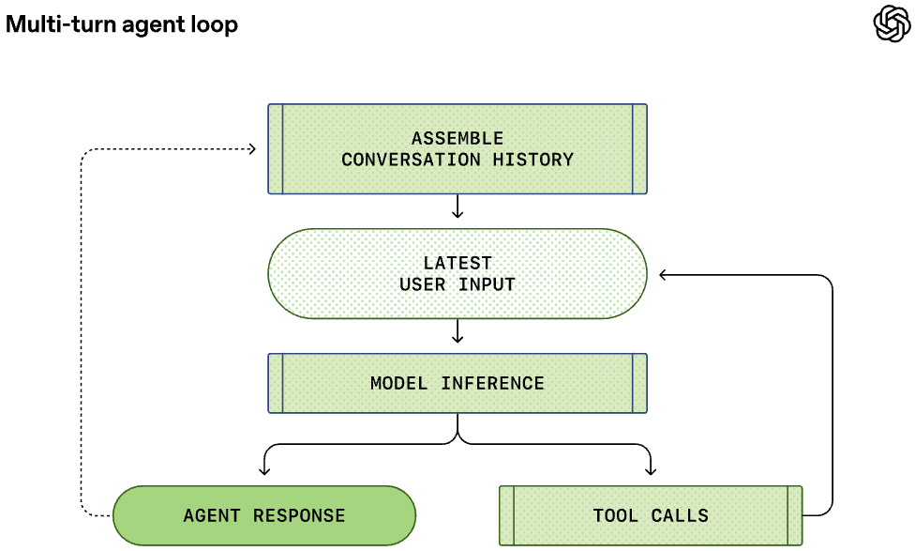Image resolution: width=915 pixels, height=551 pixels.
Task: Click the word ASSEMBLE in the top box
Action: pos(457,139)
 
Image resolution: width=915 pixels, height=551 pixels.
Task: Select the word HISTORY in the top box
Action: pos(533,160)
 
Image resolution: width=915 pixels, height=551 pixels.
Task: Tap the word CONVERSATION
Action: pos(412,160)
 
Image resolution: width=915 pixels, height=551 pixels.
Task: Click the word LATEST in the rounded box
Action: pos(457,263)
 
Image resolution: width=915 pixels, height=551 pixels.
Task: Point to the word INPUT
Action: pos(487,284)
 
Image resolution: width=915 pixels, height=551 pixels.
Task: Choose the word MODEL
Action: pos(399,383)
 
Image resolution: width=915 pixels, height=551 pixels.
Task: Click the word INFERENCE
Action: pos(492,383)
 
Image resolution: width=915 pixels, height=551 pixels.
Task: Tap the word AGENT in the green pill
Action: pos(212,516)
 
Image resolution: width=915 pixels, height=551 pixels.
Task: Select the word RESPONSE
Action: pos(299,516)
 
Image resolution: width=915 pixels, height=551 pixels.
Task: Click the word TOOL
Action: pos(616,516)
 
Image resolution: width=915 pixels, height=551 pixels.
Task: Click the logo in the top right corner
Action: pos(892,23)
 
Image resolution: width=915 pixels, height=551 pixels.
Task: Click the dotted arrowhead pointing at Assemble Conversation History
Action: pos(252,149)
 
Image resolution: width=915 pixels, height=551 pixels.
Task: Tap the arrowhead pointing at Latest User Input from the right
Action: pos(663,275)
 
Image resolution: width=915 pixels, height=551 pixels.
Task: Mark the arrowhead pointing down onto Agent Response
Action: pos(264,470)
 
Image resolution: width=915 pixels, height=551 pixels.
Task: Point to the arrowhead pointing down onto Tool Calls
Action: pos(651,470)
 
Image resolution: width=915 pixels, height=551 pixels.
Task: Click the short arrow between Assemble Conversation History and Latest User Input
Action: pos(457,207)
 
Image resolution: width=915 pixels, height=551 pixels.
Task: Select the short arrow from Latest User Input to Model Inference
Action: pos(457,330)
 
